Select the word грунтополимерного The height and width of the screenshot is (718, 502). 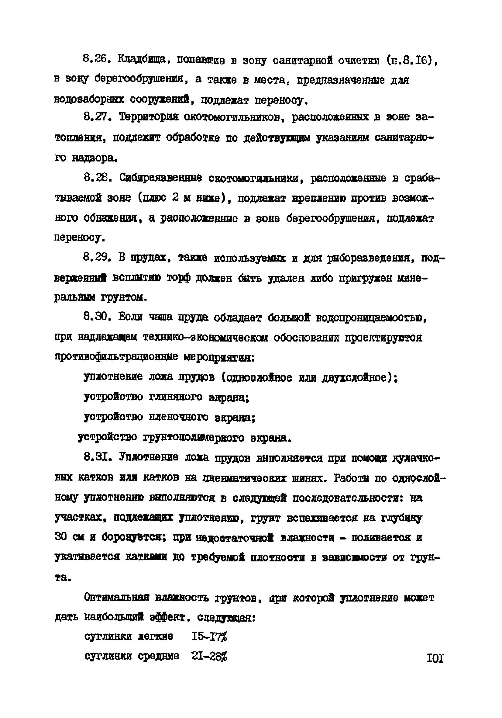pos(194,438)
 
